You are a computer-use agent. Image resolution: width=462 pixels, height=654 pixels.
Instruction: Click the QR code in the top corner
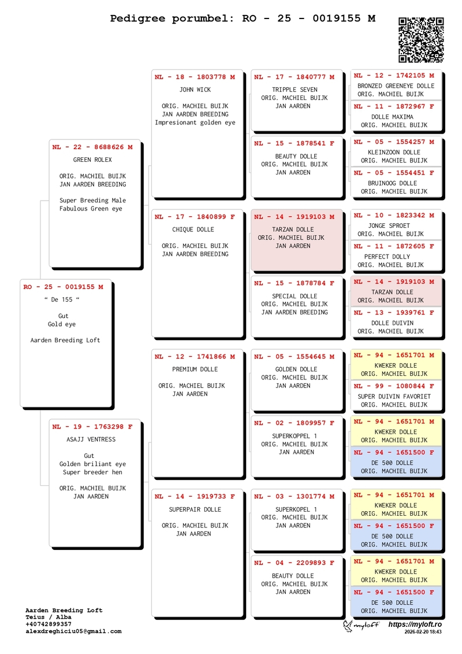tap(421, 40)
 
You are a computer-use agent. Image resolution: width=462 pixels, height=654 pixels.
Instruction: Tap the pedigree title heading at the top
tap(243, 19)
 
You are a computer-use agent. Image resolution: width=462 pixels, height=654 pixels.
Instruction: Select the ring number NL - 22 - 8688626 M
tap(92, 147)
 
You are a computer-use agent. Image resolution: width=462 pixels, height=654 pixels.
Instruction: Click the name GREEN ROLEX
tap(92, 160)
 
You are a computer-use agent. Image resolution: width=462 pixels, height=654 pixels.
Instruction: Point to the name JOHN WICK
tap(195, 90)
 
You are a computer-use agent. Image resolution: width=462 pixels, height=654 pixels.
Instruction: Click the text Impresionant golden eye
tap(195, 123)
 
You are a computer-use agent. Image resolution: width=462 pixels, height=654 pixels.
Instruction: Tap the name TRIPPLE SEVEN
tap(295, 90)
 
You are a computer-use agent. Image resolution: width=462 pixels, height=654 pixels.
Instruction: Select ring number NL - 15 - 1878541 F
tap(295, 143)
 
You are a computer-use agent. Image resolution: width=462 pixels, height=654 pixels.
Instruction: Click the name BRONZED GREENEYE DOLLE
tap(396, 86)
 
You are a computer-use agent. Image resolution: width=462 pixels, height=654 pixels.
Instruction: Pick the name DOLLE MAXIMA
tap(392, 117)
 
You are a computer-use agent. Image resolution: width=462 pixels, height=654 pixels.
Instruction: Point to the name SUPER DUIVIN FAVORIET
tap(394, 397)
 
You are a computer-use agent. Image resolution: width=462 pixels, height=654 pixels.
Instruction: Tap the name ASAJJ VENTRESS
tap(91, 439)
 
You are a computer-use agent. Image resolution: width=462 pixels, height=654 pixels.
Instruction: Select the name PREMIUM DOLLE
tap(195, 370)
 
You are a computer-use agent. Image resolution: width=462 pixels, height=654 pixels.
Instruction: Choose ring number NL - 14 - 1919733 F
tap(195, 497)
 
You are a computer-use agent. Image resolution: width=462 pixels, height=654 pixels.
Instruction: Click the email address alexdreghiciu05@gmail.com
tap(73, 631)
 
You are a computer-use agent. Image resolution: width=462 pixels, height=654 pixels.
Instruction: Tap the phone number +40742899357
tap(49, 625)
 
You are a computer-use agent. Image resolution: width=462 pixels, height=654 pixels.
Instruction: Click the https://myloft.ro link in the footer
tap(415, 625)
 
